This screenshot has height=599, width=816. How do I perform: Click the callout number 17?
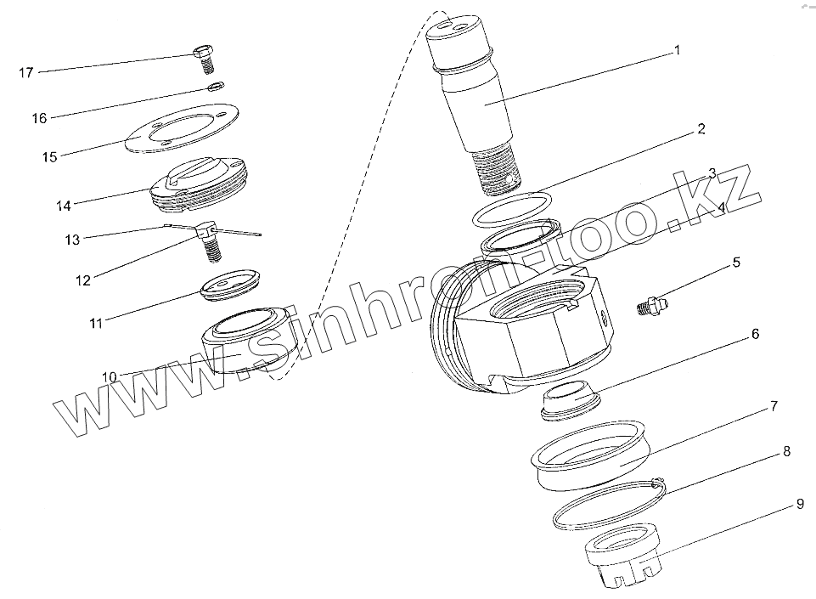(26, 73)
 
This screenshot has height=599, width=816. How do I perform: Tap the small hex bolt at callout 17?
(204, 59)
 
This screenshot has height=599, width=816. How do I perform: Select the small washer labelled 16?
(216, 86)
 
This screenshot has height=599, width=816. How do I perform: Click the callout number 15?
(49, 157)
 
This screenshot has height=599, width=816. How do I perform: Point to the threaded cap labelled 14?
(199, 184)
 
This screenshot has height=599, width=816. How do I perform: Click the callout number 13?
(72, 240)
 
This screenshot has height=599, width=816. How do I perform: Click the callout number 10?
(110, 376)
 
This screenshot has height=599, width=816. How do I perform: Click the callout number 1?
(677, 50)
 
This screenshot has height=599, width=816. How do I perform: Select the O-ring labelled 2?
(513, 209)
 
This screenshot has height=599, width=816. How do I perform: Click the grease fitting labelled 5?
(651, 305)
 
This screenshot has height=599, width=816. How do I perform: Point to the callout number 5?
(736, 262)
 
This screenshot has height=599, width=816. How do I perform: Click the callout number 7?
(774, 406)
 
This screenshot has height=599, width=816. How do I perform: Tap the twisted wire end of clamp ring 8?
(658, 482)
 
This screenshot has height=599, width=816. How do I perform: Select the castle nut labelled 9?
(623, 556)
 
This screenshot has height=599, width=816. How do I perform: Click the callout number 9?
(800, 504)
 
